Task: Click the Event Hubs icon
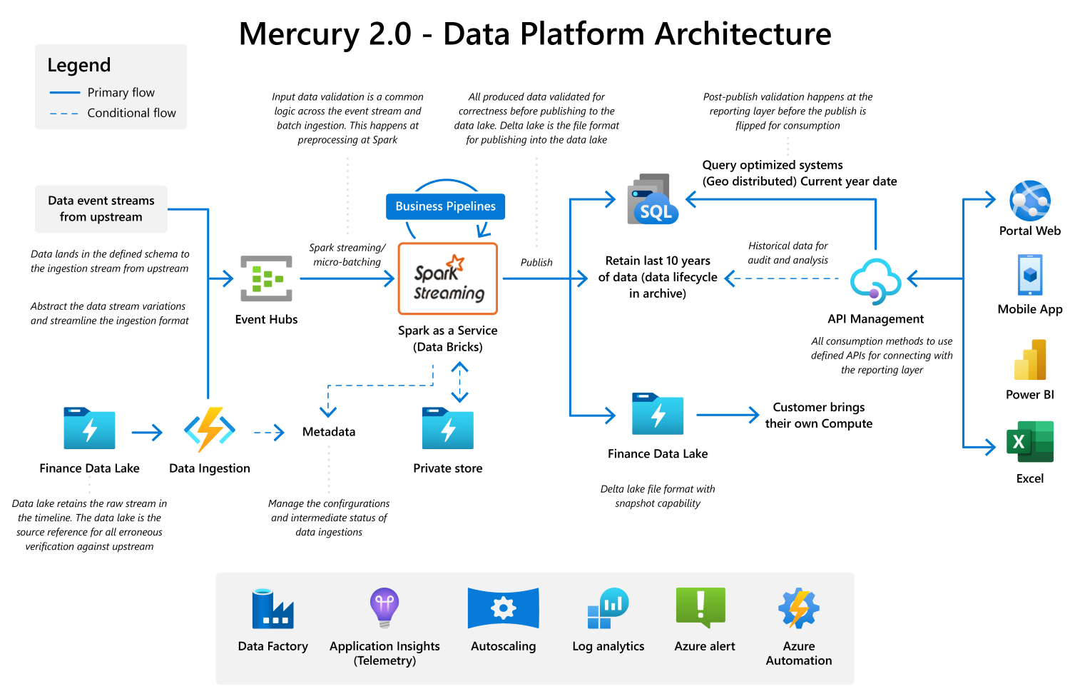pyautogui.click(x=266, y=278)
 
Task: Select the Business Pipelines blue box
pyautogui.click(x=445, y=206)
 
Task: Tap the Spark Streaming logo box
pyautogui.click(x=448, y=279)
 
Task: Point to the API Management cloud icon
pyautogui.click(x=875, y=281)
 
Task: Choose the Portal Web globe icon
pyautogui.click(x=1029, y=201)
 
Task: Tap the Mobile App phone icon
pyautogui.click(x=1029, y=274)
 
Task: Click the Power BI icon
pyautogui.click(x=1029, y=360)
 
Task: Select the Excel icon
pyautogui.click(x=1029, y=442)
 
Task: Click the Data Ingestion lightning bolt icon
pyautogui.click(x=210, y=430)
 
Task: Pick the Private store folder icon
pyautogui.click(x=447, y=428)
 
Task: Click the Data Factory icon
pyautogui.click(x=272, y=608)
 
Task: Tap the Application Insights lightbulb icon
pyautogui.click(x=384, y=608)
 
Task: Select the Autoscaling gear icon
pyautogui.click(x=503, y=608)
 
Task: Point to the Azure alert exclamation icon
pyautogui.click(x=700, y=608)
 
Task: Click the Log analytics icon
pyautogui.click(x=608, y=608)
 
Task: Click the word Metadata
pyautogui.click(x=328, y=432)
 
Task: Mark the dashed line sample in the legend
pyautogui.click(x=64, y=114)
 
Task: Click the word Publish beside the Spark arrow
pyautogui.click(x=536, y=263)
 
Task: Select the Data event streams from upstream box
pyautogui.click(x=101, y=209)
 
